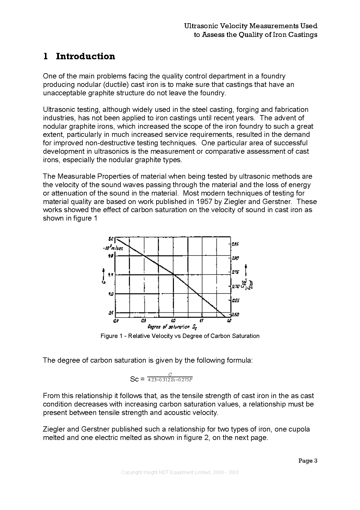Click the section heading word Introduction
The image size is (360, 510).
pyautogui.click(x=85, y=56)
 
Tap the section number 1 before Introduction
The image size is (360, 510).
pyautogui.click(x=45, y=56)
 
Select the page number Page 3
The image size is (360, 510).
pyautogui.click(x=308, y=461)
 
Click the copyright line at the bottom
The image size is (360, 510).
pyautogui.click(x=180, y=472)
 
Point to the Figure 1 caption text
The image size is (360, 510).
pyautogui.click(x=180, y=336)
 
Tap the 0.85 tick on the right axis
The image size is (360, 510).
pyautogui.click(x=235, y=244)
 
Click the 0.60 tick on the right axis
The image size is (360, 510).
pyautogui.click(x=235, y=314)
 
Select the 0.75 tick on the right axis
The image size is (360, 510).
pyautogui.click(x=235, y=272)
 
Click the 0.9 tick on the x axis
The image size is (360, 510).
pyautogui.click(x=144, y=321)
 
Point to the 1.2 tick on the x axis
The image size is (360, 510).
pyautogui.click(x=229, y=321)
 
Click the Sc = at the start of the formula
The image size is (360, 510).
pyautogui.click(x=137, y=379)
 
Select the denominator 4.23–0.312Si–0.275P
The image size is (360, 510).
pyautogui.click(x=170, y=380)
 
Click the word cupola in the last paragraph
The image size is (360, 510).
pyautogui.click(x=299, y=429)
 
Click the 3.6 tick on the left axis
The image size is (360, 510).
pyautogui.click(x=111, y=313)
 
